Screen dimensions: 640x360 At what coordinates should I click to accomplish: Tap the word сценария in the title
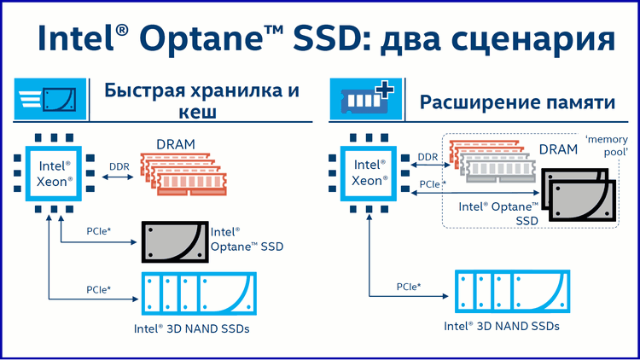pos(533,40)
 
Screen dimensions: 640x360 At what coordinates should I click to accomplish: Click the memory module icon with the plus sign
pos(366,99)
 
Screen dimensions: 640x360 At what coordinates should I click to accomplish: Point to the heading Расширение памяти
pos(518,102)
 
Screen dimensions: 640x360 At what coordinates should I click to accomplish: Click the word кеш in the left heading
pos(198,113)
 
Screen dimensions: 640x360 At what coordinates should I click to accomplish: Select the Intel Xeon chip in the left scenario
pos(54,173)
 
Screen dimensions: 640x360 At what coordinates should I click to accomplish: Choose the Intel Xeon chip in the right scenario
pos(369,173)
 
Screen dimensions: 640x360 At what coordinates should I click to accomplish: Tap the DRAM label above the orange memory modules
pos(176,144)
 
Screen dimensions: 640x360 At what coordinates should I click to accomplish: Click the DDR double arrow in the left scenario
pos(118,177)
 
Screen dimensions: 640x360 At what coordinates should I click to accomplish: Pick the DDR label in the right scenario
pos(428,157)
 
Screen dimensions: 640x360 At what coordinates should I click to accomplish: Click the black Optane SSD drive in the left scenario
pos(175,242)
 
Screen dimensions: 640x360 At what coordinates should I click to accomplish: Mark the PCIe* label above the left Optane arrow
pos(99,231)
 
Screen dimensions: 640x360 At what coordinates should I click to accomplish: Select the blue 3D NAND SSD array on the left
pos(199,293)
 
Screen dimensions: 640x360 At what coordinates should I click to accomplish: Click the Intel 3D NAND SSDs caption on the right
pos(502,326)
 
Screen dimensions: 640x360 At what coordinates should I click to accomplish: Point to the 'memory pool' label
pos(607,146)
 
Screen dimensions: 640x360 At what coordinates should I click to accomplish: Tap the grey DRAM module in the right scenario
pos(498,168)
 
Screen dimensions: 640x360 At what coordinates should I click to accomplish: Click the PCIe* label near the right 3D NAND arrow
pos(409,287)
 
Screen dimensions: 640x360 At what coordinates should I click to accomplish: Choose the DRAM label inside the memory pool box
pos(558,150)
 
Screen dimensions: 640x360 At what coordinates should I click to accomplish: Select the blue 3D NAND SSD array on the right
pos(513,291)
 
